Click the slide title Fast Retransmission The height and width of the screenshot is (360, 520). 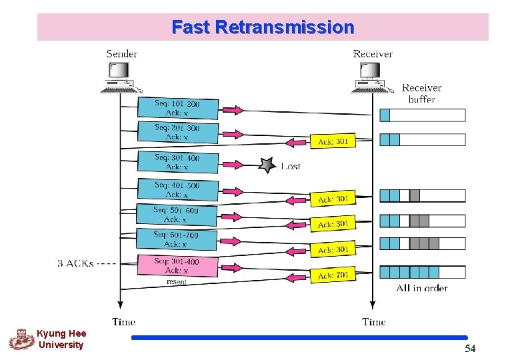[x=263, y=27]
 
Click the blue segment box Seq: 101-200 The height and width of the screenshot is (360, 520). [x=177, y=108]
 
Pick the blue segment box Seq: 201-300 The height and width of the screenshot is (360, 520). [x=177, y=132]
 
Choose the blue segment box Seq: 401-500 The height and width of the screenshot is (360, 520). [x=177, y=189]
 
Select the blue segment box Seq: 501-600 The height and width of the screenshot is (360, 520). [x=176, y=215]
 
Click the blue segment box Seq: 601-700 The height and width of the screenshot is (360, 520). [x=176, y=239]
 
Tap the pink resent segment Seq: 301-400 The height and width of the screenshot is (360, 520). [x=177, y=265]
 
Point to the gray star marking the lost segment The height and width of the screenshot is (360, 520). [x=267, y=165]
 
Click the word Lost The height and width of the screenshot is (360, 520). [x=290, y=166]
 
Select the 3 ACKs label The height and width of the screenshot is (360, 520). [x=76, y=263]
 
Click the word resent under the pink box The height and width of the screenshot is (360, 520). [x=177, y=282]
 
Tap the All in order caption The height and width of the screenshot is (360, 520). [x=421, y=288]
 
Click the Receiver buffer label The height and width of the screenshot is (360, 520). [x=421, y=93]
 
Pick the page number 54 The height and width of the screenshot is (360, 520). [x=470, y=349]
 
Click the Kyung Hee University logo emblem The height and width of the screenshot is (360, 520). [x=21, y=339]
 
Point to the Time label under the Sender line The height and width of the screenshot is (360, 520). [x=124, y=322]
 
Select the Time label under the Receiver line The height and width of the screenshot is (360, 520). [x=373, y=322]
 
